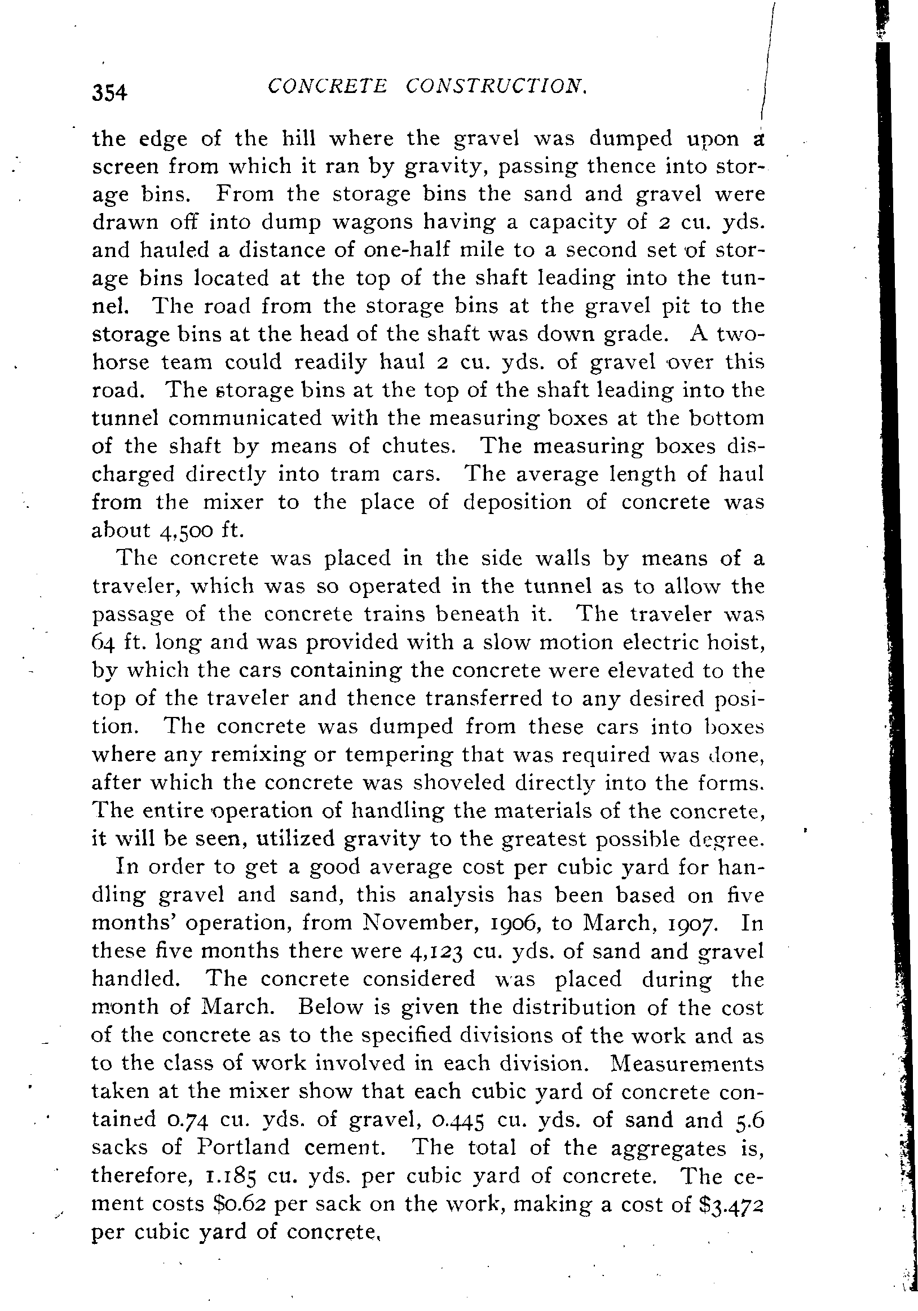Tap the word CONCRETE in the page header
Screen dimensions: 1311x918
tap(327, 87)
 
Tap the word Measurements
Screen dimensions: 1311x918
tap(687, 1063)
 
